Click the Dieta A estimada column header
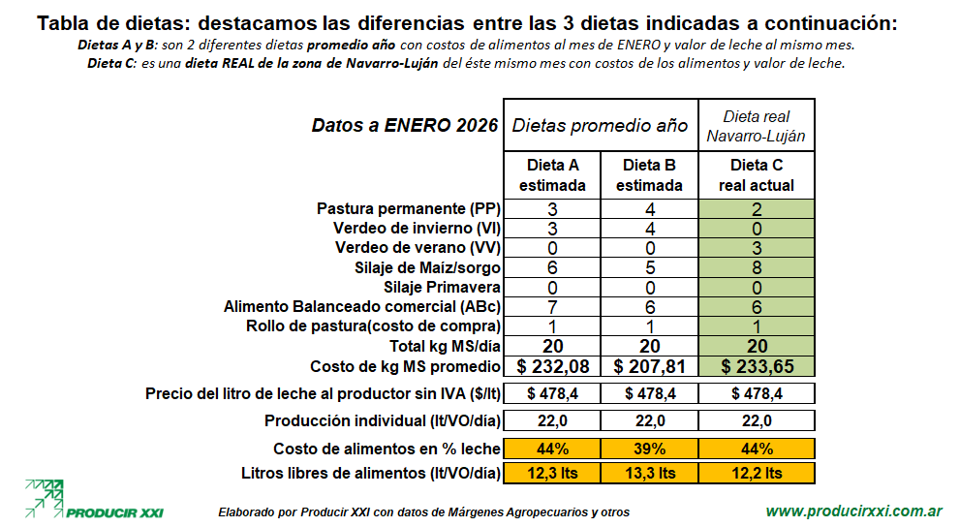coord(552,174)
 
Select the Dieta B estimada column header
coord(649,174)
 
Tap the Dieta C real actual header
coord(757,174)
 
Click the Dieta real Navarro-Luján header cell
coord(757,126)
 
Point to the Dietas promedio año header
coord(600,126)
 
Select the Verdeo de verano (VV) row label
coord(417,248)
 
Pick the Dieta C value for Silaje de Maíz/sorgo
coord(757,267)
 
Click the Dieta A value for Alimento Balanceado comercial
coord(552,306)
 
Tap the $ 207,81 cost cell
coord(649,366)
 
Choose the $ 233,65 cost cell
coord(757,366)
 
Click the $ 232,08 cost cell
coord(552,366)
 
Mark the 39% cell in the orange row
coord(649,449)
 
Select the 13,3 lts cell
coord(649,473)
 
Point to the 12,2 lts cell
coord(757,473)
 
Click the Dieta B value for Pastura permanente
coord(649,209)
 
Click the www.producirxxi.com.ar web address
coord(854,511)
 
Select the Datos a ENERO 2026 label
coord(405,126)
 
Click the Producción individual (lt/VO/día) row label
coord(383,420)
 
